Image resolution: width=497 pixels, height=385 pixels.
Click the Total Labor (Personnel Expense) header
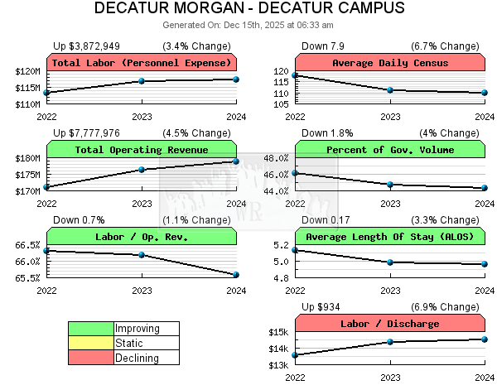(142, 63)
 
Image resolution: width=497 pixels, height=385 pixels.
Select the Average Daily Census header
(390, 63)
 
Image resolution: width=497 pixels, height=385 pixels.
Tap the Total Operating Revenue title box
(142, 150)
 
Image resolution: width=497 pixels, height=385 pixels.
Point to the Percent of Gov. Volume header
(390, 150)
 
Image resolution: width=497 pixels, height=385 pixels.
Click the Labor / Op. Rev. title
(142, 237)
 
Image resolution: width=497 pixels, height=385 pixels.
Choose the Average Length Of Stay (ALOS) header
(390, 237)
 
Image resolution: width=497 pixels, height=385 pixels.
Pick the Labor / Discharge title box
(390, 324)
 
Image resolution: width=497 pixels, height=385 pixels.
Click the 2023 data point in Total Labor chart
(142, 81)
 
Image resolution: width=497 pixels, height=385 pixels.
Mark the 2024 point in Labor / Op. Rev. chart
(236, 274)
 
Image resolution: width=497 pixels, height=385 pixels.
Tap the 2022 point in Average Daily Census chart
(296, 75)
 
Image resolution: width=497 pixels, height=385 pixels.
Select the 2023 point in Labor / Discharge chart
(390, 342)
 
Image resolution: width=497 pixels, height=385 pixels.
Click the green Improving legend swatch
(91, 329)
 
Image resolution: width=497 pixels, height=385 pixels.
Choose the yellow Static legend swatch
(91, 343)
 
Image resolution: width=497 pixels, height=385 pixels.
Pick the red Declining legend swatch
(91, 358)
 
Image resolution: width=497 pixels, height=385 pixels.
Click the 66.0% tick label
(27, 262)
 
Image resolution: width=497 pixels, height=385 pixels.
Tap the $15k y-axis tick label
(277, 333)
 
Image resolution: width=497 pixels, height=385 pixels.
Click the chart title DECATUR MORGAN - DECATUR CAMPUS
(249, 9)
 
